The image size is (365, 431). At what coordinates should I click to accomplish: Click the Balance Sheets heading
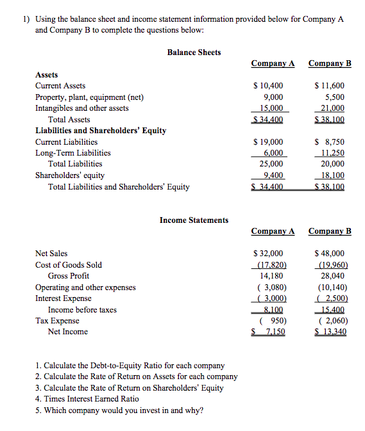(x=194, y=52)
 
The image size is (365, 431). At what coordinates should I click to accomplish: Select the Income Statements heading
(x=194, y=220)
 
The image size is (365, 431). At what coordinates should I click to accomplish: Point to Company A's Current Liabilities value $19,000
(x=268, y=142)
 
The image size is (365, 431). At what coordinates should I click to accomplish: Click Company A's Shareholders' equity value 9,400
(x=271, y=175)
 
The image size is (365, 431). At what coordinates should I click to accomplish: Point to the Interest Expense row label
(x=63, y=298)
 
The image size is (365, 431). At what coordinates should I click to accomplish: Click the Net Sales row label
(x=51, y=254)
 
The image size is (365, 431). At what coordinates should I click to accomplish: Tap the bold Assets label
(x=46, y=74)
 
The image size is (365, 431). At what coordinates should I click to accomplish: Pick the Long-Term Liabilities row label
(x=72, y=153)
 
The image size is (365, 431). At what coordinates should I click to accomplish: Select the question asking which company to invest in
(x=119, y=410)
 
